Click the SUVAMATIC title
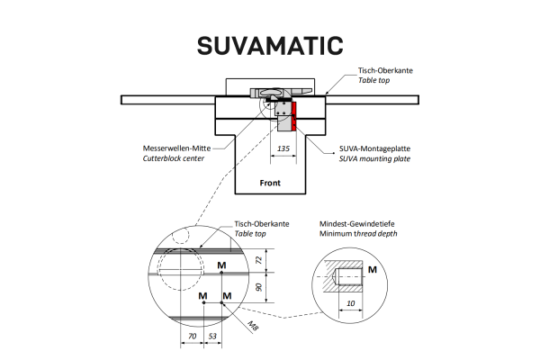click(270, 46)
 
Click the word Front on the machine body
click(270, 183)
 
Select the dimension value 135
click(283, 148)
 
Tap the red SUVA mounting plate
click(293, 116)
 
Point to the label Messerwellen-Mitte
click(176, 148)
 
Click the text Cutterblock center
click(174, 158)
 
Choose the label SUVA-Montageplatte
click(374, 148)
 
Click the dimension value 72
click(260, 260)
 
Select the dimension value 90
click(260, 287)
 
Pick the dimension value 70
click(193, 336)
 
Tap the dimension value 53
click(212, 336)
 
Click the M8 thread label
click(253, 326)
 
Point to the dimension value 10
click(351, 303)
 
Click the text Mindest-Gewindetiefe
click(356, 223)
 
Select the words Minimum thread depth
click(358, 234)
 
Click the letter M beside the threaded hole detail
click(373, 270)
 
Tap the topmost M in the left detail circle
click(221, 265)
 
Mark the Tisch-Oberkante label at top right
click(385, 70)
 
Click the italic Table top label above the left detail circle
click(250, 234)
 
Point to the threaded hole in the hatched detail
click(348, 276)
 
